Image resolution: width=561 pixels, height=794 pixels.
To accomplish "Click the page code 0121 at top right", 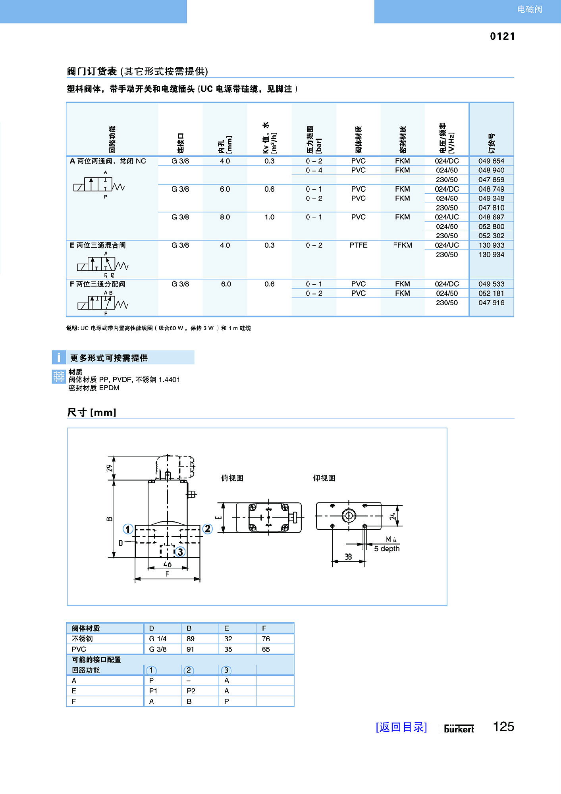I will (x=502, y=37).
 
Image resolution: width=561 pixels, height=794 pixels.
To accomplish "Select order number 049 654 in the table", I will (x=491, y=161).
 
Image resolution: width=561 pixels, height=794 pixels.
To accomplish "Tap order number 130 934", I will (x=491, y=254).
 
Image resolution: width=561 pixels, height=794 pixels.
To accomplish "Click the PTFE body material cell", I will (x=358, y=245).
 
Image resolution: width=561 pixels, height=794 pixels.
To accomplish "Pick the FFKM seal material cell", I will (x=403, y=245).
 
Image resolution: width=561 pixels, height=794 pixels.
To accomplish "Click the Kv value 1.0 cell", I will (x=270, y=217).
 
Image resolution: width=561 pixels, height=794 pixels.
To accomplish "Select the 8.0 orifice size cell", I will (x=225, y=217).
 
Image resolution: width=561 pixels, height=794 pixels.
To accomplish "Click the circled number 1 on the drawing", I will (x=127, y=529).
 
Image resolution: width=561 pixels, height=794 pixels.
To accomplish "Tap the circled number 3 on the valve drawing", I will (x=180, y=552).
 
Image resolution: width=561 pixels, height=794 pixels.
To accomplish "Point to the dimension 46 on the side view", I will (x=168, y=564).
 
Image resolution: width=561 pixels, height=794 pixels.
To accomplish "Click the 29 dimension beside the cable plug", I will (x=110, y=468).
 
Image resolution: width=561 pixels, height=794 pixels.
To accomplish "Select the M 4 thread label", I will (x=391, y=540).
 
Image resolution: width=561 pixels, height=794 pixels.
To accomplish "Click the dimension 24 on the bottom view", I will (x=393, y=516).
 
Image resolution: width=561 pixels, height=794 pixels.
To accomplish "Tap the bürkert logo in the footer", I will (x=459, y=729).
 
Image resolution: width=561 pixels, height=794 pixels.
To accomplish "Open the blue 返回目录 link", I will (x=401, y=727).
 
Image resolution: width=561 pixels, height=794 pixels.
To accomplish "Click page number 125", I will (x=503, y=727).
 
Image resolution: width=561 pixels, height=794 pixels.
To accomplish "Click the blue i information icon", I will (x=59, y=357).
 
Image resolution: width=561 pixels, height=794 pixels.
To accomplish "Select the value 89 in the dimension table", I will (x=191, y=639).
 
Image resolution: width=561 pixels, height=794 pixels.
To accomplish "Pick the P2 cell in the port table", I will (x=191, y=691).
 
